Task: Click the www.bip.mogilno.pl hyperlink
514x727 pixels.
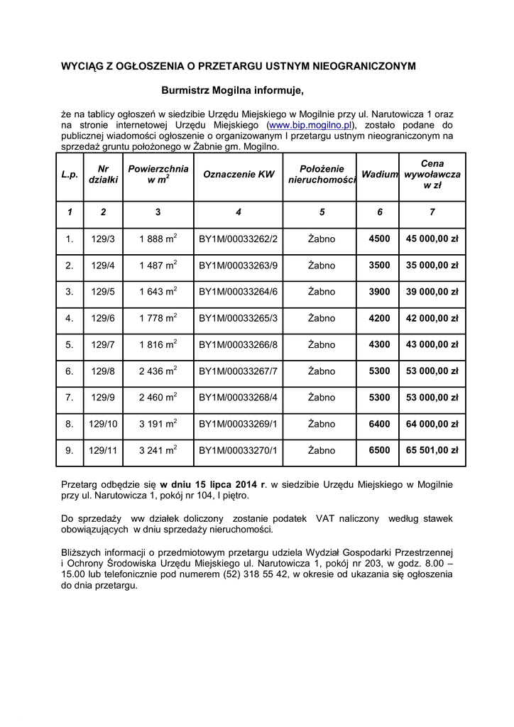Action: [310, 125]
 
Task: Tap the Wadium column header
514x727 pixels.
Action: [380, 174]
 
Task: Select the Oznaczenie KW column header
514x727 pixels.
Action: [239, 174]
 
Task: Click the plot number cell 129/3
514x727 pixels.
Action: [104, 239]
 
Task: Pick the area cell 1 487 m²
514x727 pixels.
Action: [158, 266]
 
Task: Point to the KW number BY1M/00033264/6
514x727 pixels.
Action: [239, 292]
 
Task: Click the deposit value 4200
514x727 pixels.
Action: [380, 318]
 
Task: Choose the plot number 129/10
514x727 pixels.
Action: [104, 424]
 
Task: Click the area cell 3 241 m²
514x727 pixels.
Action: [158, 450]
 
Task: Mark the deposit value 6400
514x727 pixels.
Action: [380, 424]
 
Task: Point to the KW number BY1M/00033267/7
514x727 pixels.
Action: [239, 371]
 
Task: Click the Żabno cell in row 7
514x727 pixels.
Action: [322, 398]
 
